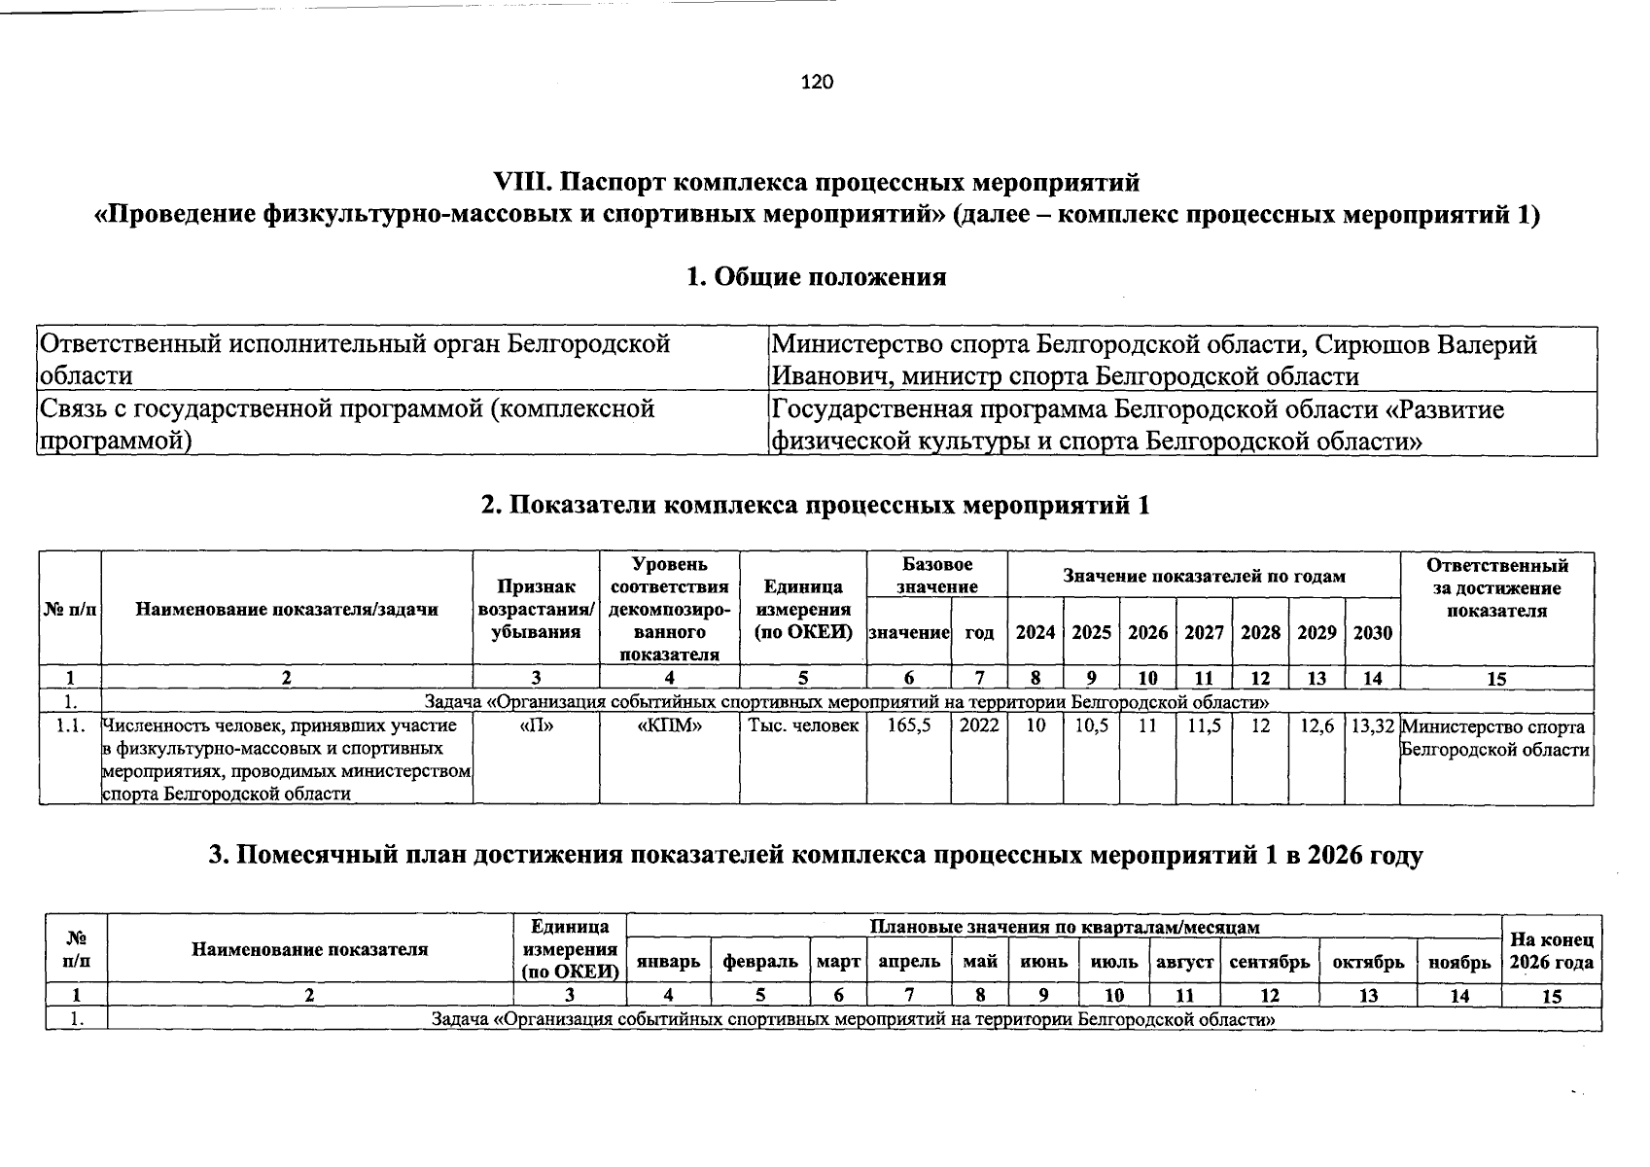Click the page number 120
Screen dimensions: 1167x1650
(817, 83)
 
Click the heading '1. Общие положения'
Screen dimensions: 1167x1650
(816, 277)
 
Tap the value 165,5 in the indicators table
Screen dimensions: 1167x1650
(908, 726)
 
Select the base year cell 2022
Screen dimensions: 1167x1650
(978, 726)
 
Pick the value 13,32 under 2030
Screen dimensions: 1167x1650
(1372, 726)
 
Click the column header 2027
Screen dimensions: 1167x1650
(1204, 633)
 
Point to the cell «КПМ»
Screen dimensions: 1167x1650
(669, 726)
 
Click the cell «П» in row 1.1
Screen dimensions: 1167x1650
(536, 726)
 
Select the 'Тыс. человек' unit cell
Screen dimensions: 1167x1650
(803, 726)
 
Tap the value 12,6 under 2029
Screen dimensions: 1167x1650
(1316, 726)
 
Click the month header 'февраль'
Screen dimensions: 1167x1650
(760, 962)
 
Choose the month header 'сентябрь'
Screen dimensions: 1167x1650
(1269, 962)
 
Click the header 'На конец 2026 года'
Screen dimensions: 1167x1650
(1551, 951)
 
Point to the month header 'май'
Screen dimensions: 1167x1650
(980, 962)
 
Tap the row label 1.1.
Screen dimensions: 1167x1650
(70, 726)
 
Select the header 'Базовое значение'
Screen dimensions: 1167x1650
(936, 576)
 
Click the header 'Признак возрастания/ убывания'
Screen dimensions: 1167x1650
(536, 610)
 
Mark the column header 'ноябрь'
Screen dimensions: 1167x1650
(1458, 962)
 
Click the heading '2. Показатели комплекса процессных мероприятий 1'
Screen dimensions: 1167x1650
(816, 506)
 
